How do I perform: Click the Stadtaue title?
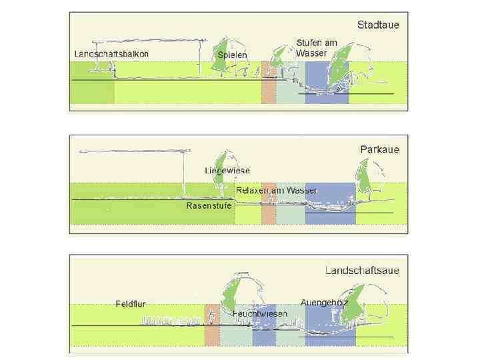(x=378, y=25)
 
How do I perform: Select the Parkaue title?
(x=379, y=149)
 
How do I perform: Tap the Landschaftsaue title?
(x=363, y=271)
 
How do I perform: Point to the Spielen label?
(x=233, y=55)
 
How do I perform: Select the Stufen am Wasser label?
(x=317, y=47)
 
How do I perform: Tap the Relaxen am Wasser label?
(x=276, y=191)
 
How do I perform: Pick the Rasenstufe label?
(x=209, y=206)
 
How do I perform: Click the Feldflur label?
(x=131, y=304)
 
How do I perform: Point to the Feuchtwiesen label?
(x=260, y=313)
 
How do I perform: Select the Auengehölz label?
(x=325, y=303)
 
